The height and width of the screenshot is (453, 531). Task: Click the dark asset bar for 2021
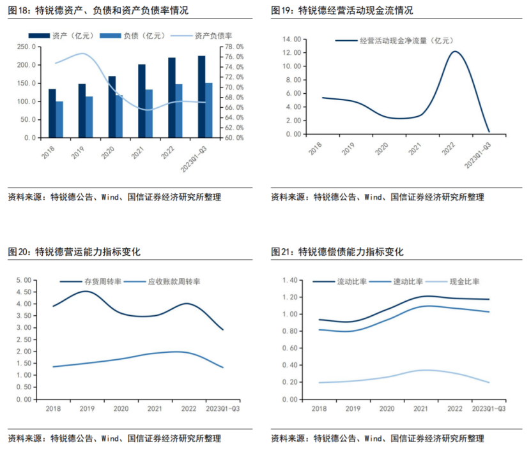tap(142, 101)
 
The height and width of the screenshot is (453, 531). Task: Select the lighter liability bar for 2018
tap(59, 119)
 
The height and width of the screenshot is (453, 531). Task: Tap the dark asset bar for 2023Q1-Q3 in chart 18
tap(201, 96)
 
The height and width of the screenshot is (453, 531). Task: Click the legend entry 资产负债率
tap(212, 36)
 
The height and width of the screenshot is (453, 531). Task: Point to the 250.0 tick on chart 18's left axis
tap(27, 47)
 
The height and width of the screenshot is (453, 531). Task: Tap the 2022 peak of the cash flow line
tap(455, 52)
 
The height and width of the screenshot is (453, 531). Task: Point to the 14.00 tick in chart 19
tap(292, 39)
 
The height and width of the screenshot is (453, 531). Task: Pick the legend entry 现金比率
tap(465, 281)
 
